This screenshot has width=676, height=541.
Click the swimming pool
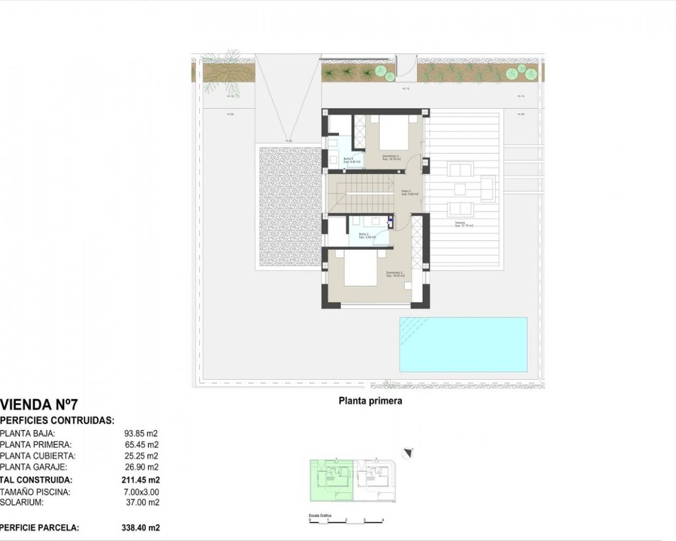(x=463, y=344)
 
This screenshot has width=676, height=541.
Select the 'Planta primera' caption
(x=370, y=401)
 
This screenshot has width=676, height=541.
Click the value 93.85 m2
(x=141, y=433)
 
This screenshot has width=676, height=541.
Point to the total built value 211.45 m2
(x=140, y=480)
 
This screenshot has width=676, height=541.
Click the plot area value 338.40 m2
(x=140, y=527)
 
